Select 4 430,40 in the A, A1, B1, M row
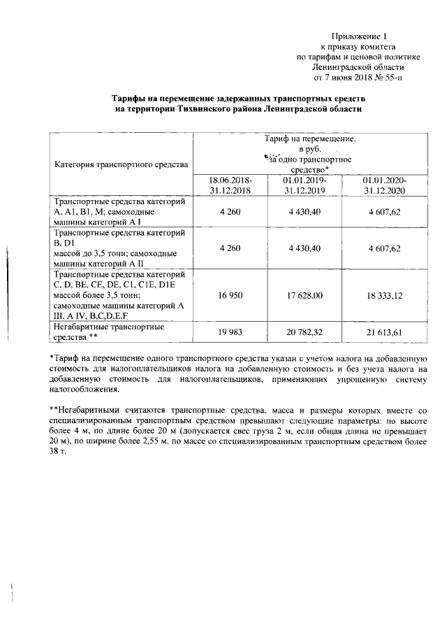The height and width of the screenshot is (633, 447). point(305,211)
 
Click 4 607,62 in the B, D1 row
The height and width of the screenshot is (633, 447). point(385,248)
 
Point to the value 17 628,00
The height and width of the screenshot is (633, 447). point(305,296)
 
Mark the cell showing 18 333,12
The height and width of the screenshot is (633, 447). point(385,296)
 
